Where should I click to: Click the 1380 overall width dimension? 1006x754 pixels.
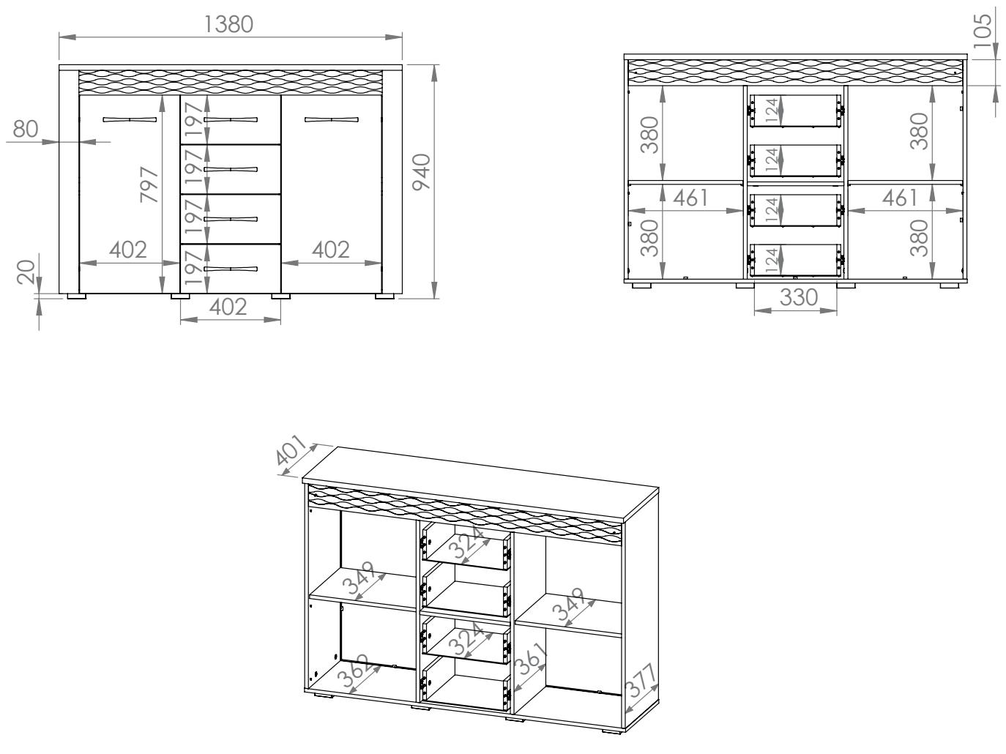tap(228, 24)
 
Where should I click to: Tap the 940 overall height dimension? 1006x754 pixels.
tap(422, 172)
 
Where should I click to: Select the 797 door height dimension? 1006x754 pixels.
tap(149, 184)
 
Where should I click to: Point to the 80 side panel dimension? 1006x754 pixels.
tap(26, 129)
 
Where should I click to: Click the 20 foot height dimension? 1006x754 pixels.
tap(26, 272)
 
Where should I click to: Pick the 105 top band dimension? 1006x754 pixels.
tap(981, 31)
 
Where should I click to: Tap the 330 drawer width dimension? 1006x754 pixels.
tap(799, 297)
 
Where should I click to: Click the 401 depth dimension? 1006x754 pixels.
tap(291, 449)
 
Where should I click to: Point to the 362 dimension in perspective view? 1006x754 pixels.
tap(353, 671)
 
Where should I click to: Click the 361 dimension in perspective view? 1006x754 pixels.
tap(531, 659)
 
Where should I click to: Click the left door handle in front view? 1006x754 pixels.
tap(130, 120)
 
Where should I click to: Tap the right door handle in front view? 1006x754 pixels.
tap(332, 120)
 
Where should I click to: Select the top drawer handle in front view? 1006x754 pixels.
tap(231, 120)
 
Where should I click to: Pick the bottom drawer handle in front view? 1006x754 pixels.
tap(231, 269)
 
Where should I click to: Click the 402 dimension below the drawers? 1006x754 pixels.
tap(228, 307)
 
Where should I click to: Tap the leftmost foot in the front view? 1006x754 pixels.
tap(77, 296)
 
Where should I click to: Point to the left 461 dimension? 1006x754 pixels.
tap(690, 198)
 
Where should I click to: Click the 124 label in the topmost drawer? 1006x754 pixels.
tap(772, 111)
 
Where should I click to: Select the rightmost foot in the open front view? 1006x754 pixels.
tap(950, 285)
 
